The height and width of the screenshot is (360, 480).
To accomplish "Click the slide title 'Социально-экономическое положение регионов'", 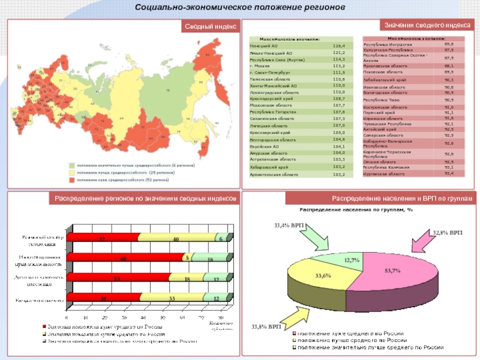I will [240, 8].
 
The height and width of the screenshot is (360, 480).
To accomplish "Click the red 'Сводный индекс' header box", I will [211, 26].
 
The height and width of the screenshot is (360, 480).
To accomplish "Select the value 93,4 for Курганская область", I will [449, 173].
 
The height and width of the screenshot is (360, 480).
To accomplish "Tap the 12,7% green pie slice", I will [352, 260].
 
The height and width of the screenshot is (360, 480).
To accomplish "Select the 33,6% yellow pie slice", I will [322, 277].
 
